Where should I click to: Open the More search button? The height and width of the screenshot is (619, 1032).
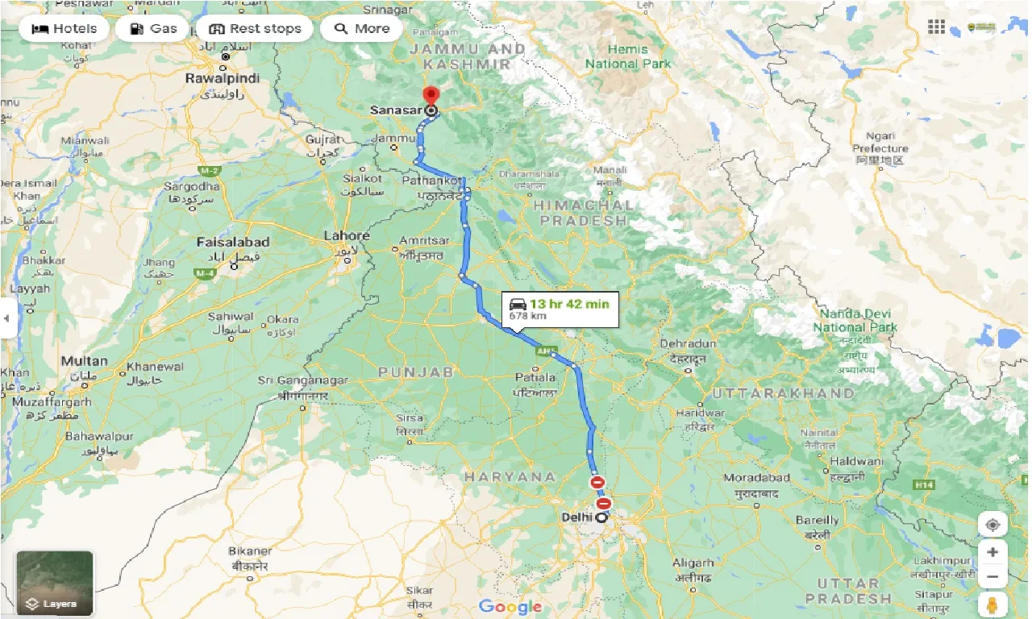click(362, 28)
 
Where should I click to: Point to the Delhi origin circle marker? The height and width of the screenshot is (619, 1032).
click(601, 518)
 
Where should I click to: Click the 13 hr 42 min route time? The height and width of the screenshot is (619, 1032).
click(568, 304)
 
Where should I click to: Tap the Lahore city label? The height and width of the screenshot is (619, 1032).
click(346, 236)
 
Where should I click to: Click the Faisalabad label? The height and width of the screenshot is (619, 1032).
click(233, 242)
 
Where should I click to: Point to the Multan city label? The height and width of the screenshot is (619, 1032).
click(84, 361)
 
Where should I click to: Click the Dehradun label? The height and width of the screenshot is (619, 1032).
click(688, 344)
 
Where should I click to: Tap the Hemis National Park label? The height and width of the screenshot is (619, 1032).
click(628, 56)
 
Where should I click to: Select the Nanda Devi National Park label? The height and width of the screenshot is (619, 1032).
click(855, 320)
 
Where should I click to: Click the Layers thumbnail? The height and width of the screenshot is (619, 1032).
click(55, 583)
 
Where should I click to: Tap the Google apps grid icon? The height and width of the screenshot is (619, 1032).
click(936, 27)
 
